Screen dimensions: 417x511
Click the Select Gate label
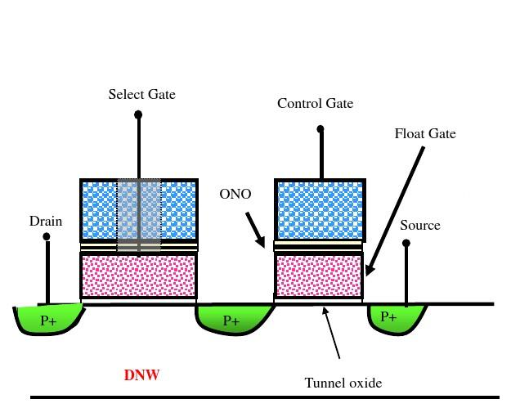(141, 95)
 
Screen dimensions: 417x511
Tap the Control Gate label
(315, 104)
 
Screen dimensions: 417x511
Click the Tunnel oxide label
(343, 382)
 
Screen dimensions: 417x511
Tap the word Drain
(46, 221)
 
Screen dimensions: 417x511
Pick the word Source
(420, 225)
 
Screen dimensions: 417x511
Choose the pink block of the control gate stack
(319, 276)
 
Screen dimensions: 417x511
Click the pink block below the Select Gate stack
(138, 276)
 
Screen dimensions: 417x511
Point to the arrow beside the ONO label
(256, 231)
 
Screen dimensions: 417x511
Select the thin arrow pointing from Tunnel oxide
(331, 331)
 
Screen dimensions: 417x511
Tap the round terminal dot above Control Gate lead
(320, 128)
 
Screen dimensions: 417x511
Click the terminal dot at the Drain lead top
(47, 237)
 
